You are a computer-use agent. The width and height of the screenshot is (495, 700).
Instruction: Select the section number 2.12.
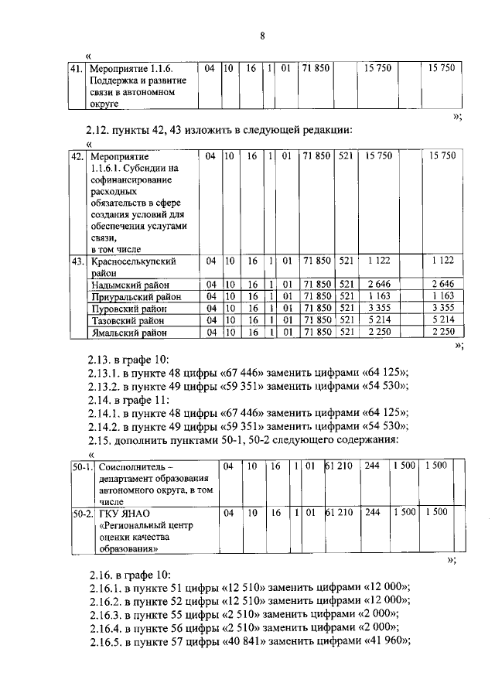click(99, 130)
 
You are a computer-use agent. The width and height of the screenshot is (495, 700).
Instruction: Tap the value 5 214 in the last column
click(442, 320)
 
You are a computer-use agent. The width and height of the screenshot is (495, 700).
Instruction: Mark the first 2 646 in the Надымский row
click(380, 284)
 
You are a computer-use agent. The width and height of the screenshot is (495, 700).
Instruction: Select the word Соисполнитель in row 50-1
click(130, 466)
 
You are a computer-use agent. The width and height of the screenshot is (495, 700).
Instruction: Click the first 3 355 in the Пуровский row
click(380, 309)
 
